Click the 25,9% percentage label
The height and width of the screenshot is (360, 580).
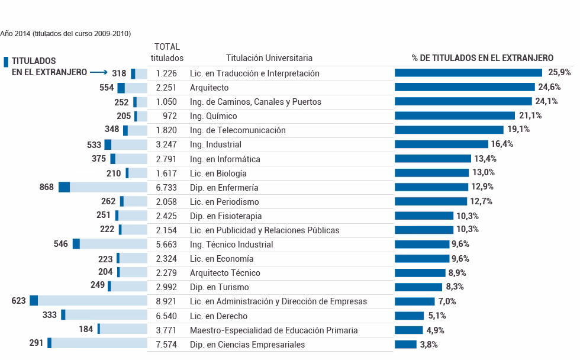pyautogui.click(x=559, y=72)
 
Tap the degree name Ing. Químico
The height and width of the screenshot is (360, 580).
pyautogui.click(x=213, y=116)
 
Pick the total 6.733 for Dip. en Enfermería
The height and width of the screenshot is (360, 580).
pyautogui.click(x=167, y=188)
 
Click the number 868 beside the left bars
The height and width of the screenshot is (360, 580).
pyautogui.click(x=47, y=187)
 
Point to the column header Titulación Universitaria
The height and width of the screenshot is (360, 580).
pyautogui.click(x=269, y=58)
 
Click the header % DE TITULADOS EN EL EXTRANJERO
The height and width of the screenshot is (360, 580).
pyautogui.click(x=482, y=58)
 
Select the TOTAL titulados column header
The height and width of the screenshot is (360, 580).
pyautogui.click(x=167, y=52)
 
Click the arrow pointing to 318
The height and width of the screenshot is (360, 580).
pyautogui.click(x=99, y=73)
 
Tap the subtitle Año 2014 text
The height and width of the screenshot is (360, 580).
pyautogui.click(x=65, y=34)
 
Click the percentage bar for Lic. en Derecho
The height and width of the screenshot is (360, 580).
pyautogui.click(x=410, y=316)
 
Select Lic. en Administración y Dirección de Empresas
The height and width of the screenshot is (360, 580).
pyautogui.click(x=278, y=301)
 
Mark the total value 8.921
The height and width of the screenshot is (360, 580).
pyautogui.click(x=167, y=301)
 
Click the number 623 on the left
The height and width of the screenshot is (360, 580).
pyautogui.click(x=19, y=301)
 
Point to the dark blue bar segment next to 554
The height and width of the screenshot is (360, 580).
pyautogui.click(x=121, y=88)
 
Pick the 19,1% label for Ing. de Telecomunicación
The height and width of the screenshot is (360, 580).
pyautogui.click(x=518, y=130)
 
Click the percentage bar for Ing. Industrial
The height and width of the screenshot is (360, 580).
pyautogui.click(x=442, y=144)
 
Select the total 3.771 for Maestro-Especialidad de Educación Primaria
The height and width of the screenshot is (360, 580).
pyautogui.click(x=167, y=330)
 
